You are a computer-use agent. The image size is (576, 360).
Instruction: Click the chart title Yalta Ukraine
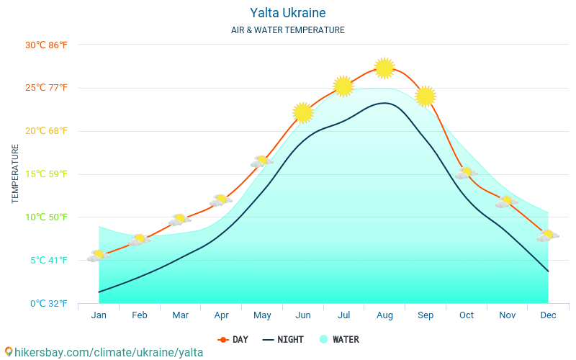pos(288,13)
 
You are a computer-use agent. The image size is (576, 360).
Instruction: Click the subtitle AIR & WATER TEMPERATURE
pos(288,30)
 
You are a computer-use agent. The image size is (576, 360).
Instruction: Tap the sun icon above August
pos(384,68)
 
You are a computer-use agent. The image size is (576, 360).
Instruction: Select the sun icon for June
pos(303,113)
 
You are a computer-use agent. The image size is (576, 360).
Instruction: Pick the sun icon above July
pos(343,86)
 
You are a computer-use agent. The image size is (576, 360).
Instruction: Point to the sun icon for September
pos(426,96)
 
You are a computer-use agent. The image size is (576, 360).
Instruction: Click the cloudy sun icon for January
pos(99,256)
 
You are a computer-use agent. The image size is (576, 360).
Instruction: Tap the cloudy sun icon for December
pos(548,235)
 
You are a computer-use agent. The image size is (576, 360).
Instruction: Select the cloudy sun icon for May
pos(262,161)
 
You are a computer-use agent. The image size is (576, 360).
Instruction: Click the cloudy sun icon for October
pos(467,174)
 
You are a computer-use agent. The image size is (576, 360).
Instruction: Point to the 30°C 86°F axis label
pos(46,45)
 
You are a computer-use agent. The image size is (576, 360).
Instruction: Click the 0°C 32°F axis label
pos(48,303)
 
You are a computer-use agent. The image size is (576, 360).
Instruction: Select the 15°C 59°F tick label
pos(46,174)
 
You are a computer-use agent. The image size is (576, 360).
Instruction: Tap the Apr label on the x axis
pos(221,315)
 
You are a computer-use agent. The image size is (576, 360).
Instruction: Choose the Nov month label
pos(507,315)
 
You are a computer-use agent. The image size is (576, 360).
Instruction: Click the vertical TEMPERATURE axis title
pos(15,174)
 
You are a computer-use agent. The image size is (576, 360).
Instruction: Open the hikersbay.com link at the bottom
pos(104,352)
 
